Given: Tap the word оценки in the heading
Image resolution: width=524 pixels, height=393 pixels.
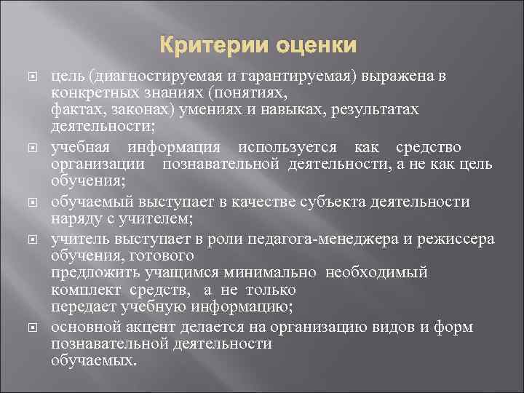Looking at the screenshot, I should [313, 47].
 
